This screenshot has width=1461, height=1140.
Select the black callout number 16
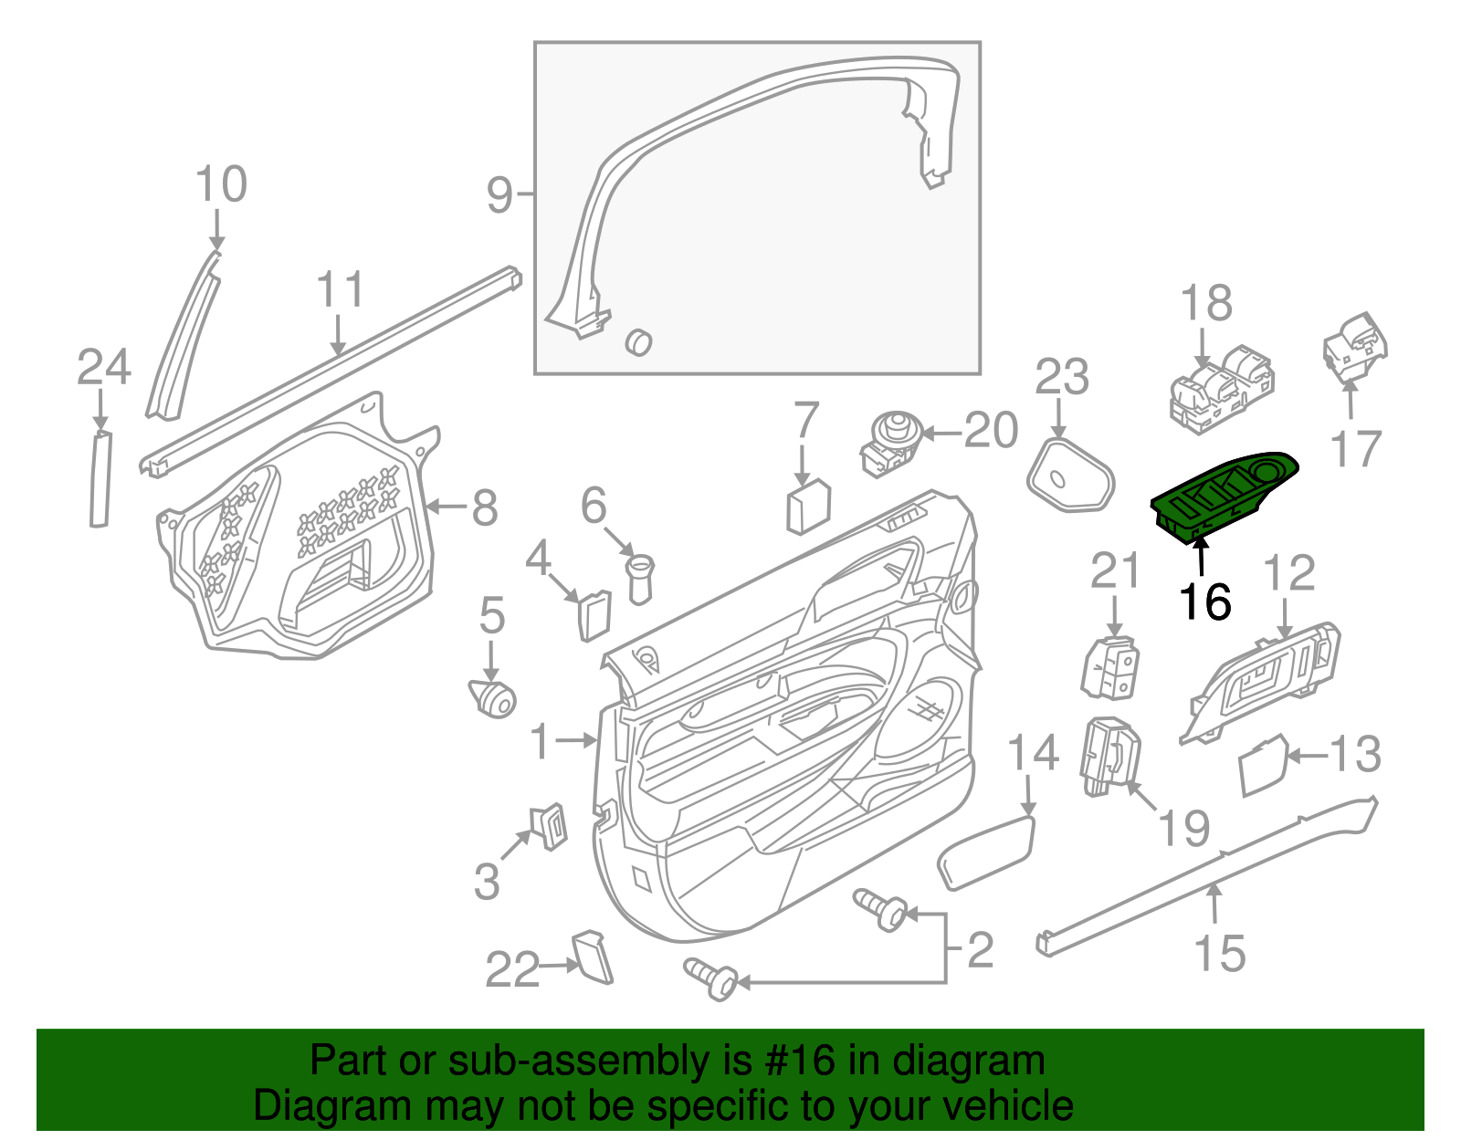coord(1205,602)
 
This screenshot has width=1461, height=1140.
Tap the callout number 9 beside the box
coord(499,194)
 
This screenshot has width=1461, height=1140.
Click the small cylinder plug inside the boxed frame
coord(638,341)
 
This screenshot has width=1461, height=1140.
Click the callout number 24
coord(103,367)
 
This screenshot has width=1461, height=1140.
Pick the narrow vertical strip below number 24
coord(100,479)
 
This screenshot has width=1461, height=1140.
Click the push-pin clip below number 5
coord(492,698)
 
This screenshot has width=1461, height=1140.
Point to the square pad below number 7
coord(808,507)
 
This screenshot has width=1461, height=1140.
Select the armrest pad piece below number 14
coord(986,851)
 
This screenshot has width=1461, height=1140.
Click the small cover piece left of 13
coord(1263,766)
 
